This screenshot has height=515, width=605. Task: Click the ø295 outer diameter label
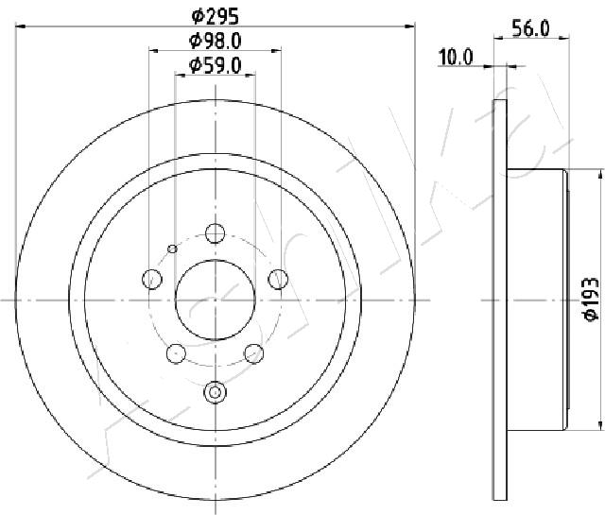(216, 17)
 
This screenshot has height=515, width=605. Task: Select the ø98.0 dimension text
(216, 41)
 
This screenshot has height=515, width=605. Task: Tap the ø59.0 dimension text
(216, 65)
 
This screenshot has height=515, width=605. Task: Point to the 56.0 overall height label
(530, 28)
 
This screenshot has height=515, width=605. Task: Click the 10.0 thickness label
(456, 58)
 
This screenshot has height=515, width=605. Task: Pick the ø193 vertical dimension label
(591, 299)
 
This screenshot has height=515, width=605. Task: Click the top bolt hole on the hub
(215, 233)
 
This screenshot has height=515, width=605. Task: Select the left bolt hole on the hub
(152, 279)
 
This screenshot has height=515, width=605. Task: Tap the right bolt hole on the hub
(278, 279)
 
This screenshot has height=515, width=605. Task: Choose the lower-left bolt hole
(177, 353)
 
